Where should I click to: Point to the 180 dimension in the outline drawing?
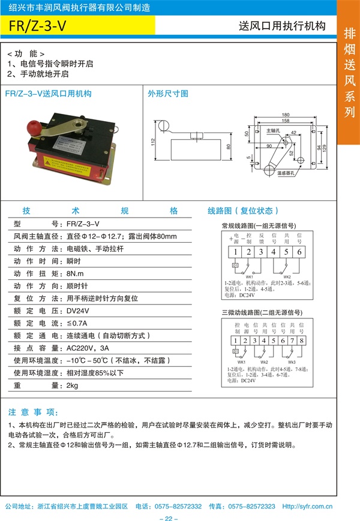click(285, 115)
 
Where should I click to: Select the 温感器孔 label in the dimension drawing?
click(289, 173)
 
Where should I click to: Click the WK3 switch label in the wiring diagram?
click(292, 363)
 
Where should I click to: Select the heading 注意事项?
click(33, 412)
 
